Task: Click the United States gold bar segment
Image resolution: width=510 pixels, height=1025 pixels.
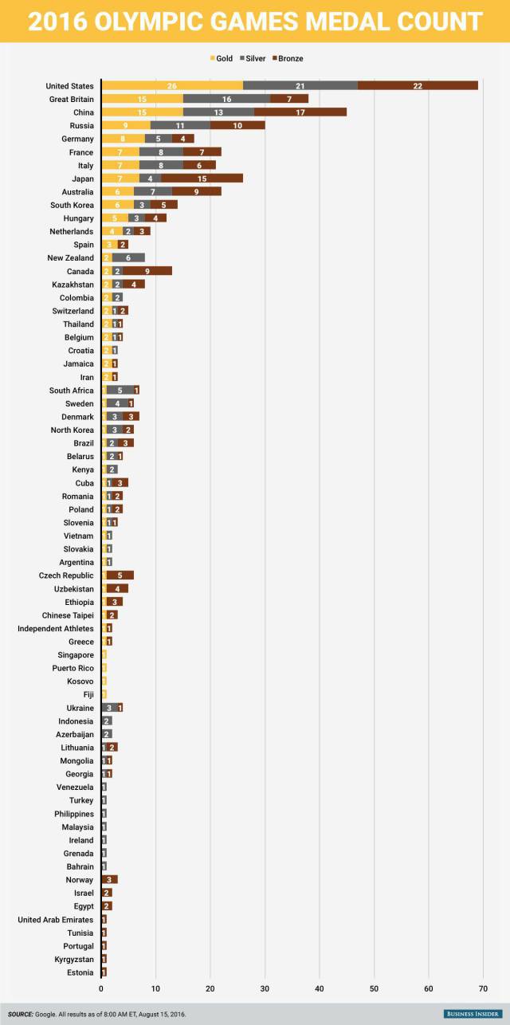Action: pyautogui.click(x=172, y=86)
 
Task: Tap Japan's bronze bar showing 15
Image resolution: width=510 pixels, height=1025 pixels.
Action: pyautogui.click(x=202, y=179)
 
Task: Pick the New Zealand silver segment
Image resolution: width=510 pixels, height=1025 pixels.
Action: pyautogui.click(x=128, y=258)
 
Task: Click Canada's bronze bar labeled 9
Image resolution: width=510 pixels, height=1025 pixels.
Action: pyautogui.click(x=147, y=271)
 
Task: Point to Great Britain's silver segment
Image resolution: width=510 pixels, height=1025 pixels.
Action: pyautogui.click(x=227, y=99)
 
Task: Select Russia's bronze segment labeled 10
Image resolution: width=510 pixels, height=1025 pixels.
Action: pyautogui.click(x=237, y=126)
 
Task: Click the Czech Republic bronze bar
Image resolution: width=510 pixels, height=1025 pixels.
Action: pyautogui.click(x=120, y=575)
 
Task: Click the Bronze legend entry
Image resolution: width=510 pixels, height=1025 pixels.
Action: pyautogui.click(x=286, y=58)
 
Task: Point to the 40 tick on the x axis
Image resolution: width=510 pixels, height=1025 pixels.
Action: pyautogui.click(x=320, y=989)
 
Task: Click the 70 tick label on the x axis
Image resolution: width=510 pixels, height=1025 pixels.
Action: pyautogui.click(x=483, y=989)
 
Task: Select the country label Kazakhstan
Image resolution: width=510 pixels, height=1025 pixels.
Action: pyautogui.click(x=73, y=285)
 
